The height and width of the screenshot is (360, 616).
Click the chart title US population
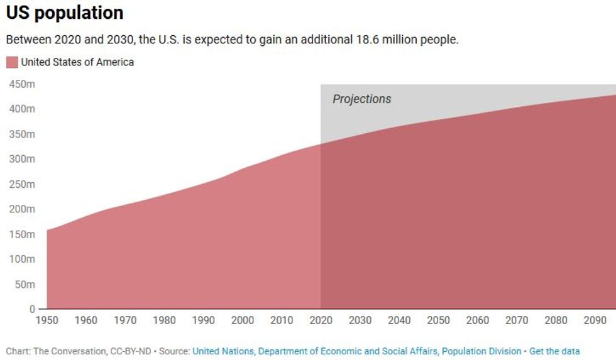(65, 13)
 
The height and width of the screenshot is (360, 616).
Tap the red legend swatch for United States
(12, 62)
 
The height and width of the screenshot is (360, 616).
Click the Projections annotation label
(361, 99)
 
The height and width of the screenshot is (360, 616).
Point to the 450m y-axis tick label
(22, 84)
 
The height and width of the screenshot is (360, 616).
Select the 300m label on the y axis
(22, 159)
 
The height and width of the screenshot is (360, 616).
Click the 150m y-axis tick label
(22, 234)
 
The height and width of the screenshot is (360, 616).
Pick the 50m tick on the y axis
(25, 285)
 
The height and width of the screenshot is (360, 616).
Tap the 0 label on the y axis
(32, 309)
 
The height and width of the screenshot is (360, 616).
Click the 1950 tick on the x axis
(47, 320)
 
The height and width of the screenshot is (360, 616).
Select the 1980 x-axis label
(164, 320)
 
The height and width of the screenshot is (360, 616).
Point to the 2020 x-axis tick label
(321, 320)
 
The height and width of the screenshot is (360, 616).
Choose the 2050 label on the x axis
(438, 320)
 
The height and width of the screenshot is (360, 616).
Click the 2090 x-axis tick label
(595, 320)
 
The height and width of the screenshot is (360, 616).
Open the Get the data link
(554, 351)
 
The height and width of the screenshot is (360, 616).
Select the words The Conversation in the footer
(67, 351)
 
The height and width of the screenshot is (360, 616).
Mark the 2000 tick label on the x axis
(243, 320)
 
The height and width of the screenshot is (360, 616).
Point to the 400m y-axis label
(22, 109)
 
